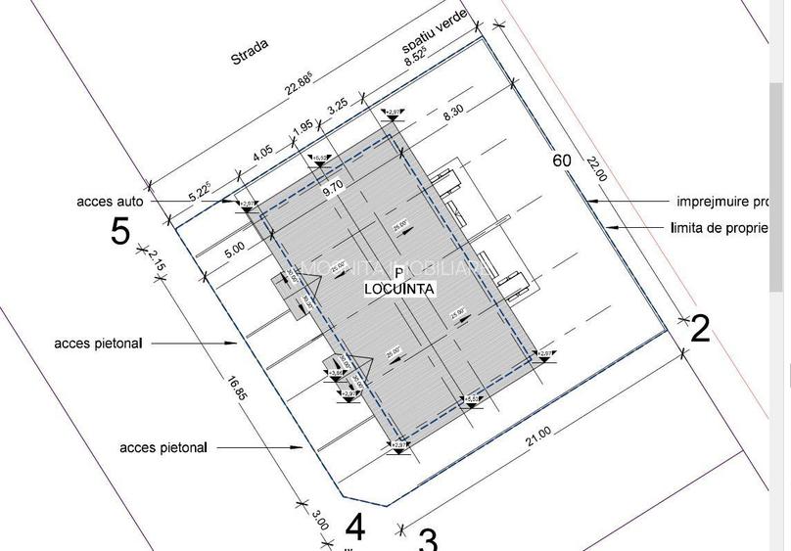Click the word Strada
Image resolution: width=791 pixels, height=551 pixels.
[x=249, y=52]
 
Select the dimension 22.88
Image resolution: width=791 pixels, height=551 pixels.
[x=299, y=84]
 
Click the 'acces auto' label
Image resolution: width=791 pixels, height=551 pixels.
[x=110, y=203]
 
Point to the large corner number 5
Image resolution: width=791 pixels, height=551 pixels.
[x=119, y=232]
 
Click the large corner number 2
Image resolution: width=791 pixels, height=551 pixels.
[x=699, y=329]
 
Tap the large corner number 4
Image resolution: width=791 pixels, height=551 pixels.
[x=355, y=527]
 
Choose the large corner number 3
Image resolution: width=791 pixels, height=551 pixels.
[x=428, y=539]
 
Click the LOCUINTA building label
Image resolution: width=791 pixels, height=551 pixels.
[x=399, y=289]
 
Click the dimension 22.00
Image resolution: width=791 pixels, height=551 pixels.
[x=597, y=169]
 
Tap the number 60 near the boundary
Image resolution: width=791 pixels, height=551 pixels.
[x=562, y=161]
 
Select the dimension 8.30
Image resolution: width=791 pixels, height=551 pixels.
[x=453, y=114]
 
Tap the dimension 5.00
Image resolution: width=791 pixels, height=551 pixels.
[x=234, y=249]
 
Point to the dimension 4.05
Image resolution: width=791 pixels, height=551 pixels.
[x=262, y=155]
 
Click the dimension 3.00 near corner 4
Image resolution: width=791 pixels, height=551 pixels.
[x=319, y=518]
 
